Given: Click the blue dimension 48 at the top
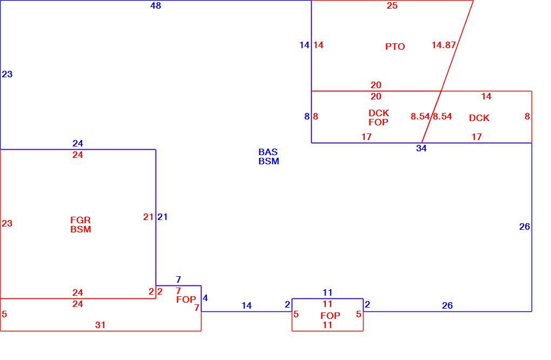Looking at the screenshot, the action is click(x=156, y=5).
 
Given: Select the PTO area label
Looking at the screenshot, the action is click(x=395, y=46).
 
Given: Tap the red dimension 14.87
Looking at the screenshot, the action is click(x=444, y=45).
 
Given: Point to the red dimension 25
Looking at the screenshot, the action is click(x=392, y=5).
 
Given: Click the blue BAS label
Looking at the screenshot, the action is click(x=268, y=152).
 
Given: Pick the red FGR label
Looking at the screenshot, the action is click(x=80, y=220).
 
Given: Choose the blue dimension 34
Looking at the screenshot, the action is click(x=421, y=148).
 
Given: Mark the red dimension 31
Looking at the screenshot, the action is click(x=100, y=325).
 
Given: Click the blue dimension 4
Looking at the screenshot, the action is click(x=205, y=298).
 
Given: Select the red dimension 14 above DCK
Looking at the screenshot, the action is click(x=486, y=96).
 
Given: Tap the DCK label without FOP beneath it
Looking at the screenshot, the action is click(x=479, y=118).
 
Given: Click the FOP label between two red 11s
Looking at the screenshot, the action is click(x=330, y=316).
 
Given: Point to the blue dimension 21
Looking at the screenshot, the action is click(x=163, y=217).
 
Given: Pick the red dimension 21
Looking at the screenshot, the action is click(x=149, y=217).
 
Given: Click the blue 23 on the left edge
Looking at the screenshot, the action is click(x=7, y=74).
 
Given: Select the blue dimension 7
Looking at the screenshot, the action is click(x=178, y=279).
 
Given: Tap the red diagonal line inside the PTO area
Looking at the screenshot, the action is click(x=457, y=46).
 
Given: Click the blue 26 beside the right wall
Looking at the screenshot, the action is click(x=525, y=227).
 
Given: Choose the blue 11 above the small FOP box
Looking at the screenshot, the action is click(x=327, y=292).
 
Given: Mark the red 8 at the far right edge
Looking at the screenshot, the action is click(x=527, y=116).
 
